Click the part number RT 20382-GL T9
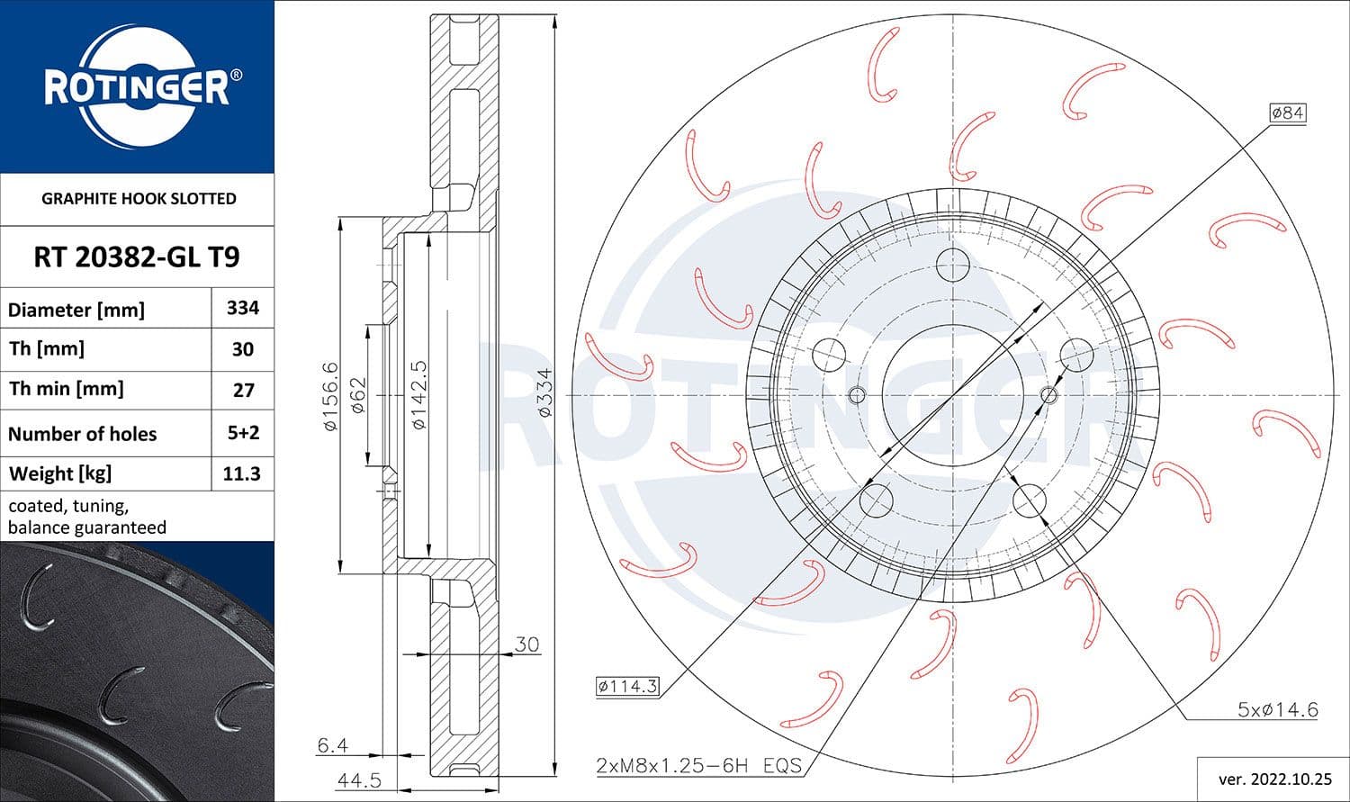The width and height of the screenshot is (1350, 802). point(137,257)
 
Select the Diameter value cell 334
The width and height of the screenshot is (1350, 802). point(243,308)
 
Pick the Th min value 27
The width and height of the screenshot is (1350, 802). point(243,390)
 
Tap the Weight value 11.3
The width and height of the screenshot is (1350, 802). point(242,473)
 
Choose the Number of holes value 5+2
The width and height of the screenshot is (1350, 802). point(243,433)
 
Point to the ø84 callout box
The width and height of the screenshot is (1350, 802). point(1287,113)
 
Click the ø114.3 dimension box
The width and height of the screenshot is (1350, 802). point(627,687)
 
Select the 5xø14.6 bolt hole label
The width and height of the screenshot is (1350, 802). point(1277,710)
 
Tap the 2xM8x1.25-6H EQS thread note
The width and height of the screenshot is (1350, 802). point(698,766)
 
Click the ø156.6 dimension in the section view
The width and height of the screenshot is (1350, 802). point(330,395)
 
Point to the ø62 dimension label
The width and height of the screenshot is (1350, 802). point(357,395)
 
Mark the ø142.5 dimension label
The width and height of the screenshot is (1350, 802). point(418,395)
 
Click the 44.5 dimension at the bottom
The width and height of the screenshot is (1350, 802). point(359,780)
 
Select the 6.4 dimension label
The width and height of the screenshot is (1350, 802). point(332,745)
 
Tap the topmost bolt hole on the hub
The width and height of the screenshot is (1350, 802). point(952,265)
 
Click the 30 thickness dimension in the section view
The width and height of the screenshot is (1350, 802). point(526,644)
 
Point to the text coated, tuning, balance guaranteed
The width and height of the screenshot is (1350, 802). point(87,517)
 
